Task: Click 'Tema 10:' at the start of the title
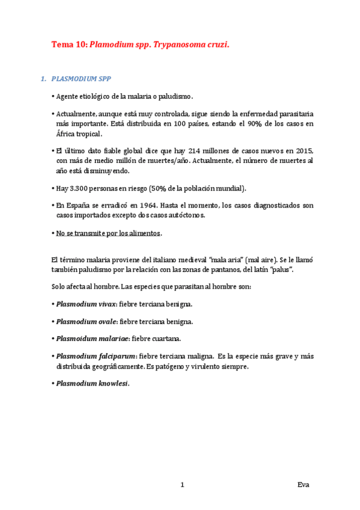[x=69, y=45]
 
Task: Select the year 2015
[x=304, y=150]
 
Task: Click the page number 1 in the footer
[x=182, y=484]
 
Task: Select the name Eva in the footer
[x=304, y=484]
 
